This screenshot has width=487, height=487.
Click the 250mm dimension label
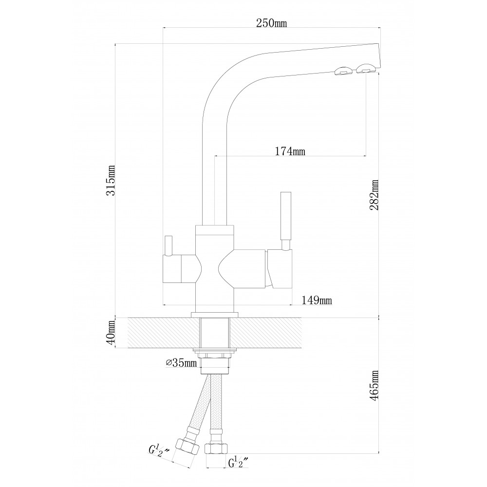click(271, 23)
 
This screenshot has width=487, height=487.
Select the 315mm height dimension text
click(111, 180)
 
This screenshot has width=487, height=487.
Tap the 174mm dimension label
click(290, 151)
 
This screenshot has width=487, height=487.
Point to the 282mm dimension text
click(374, 195)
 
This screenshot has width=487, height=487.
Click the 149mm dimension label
click(317, 300)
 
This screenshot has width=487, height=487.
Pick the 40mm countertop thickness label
click(111, 333)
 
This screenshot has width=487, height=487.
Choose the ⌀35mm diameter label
click(182, 362)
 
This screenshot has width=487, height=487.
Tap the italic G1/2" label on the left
click(159, 450)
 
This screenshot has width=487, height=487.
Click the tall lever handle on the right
click(286, 216)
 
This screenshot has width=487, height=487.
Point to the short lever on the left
click(168, 246)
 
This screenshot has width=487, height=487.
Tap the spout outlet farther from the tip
click(344, 71)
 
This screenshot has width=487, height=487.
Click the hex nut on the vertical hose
click(216, 448)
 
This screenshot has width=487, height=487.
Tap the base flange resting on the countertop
click(215, 315)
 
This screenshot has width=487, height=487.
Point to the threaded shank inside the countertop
click(215, 333)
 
